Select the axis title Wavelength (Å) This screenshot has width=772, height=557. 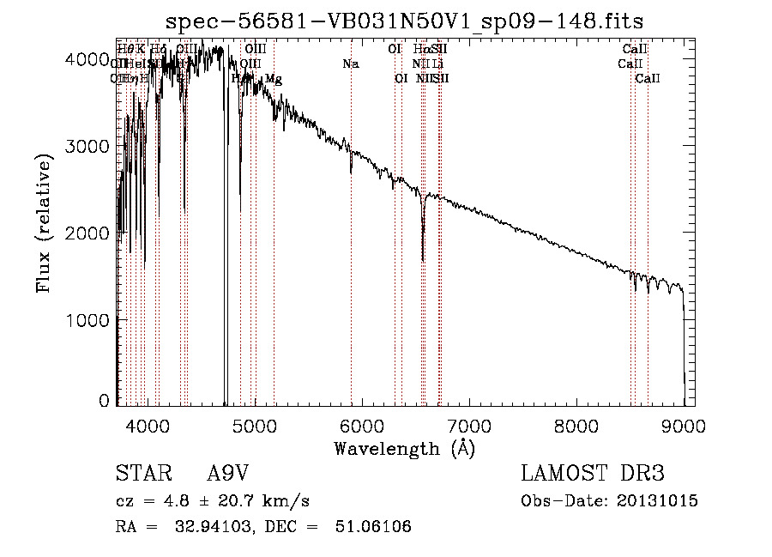click(x=404, y=448)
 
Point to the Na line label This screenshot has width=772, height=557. click(x=350, y=64)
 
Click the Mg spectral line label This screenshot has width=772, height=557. click(x=274, y=80)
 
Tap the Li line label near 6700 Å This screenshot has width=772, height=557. click(x=438, y=64)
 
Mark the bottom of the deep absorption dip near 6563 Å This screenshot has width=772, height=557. click(x=423, y=260)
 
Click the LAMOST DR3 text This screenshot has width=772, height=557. click(x=593, y=474)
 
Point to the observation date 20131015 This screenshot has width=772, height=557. click(x=660, y=501)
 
